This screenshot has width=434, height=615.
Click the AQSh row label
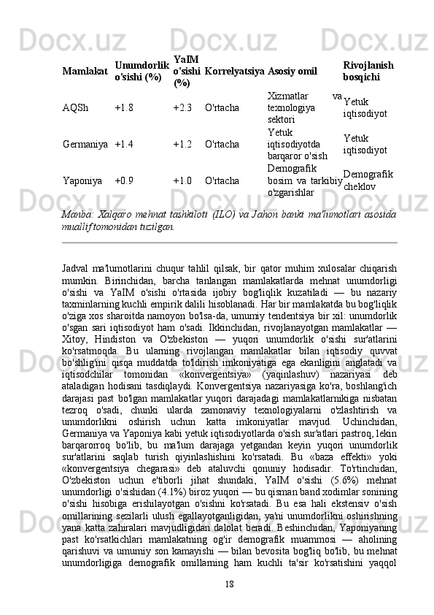click(76, 108)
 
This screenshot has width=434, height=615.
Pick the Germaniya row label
click(86, 145)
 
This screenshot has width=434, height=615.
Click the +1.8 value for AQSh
click(124, 108)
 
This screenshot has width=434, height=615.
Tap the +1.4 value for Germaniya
click(124, 145)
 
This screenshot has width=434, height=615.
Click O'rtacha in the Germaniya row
click(222, 145)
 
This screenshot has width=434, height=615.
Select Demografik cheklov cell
click(368, 180)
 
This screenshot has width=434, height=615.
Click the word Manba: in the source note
click(77, 215)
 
